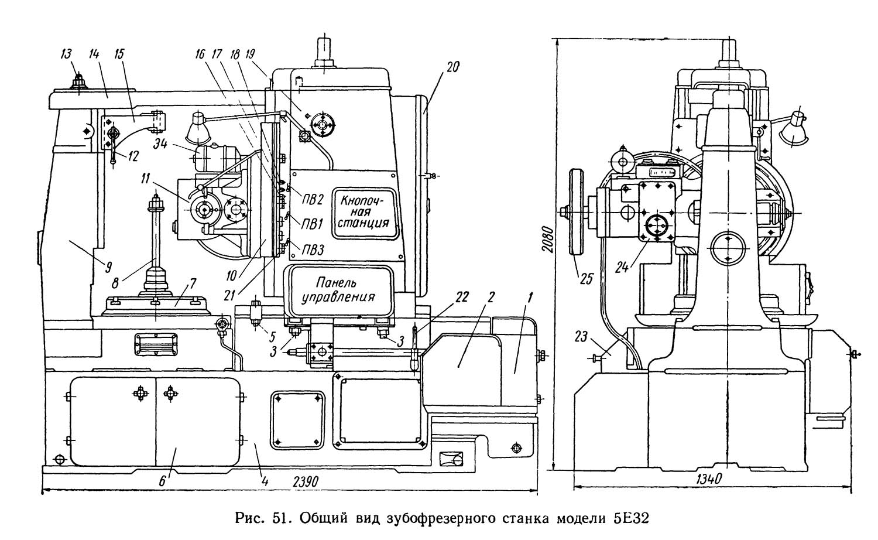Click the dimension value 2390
point(306,481)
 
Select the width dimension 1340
point(709,479)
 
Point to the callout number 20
point(452,67)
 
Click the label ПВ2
point(313,200)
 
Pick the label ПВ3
point(313,250)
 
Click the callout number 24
point(622,267)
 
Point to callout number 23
point(581,337)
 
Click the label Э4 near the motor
point(161,144)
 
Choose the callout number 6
point(162,481)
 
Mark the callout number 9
point(108,268)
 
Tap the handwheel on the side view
point(575,212)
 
